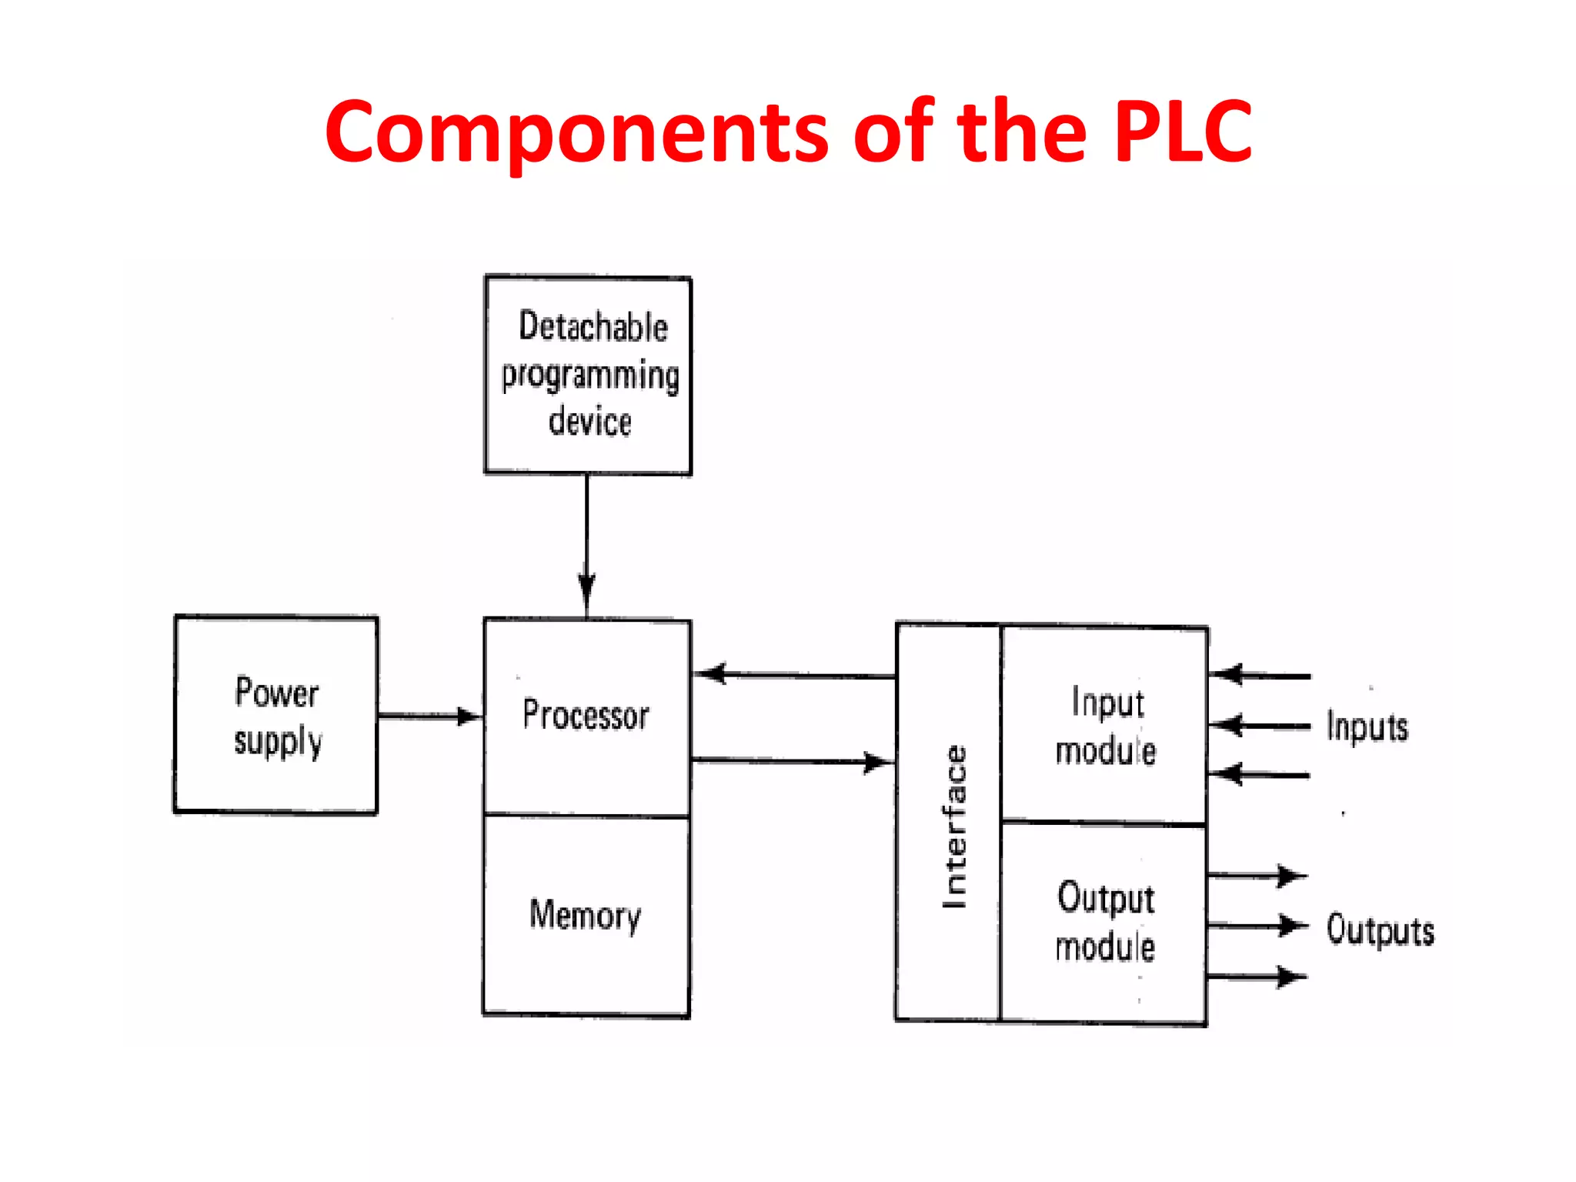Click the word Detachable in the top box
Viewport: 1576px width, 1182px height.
pos(593,326)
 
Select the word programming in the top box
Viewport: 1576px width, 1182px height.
pos(590,376)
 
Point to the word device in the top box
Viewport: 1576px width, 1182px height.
pos(589,422)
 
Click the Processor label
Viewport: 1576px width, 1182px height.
pos(586,715)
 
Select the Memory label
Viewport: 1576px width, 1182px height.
pos(585,915)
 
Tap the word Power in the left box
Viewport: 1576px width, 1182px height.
pos(276,693)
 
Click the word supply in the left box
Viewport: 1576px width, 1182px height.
pos(278,742)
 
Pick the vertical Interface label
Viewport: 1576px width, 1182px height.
pos(954,827)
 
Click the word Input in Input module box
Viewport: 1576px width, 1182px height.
pos(1107,703)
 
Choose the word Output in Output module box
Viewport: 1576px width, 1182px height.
pos(1106,898)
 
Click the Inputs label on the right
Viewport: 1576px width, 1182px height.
pos(1367,727)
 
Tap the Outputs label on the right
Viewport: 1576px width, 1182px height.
pos(1380,930)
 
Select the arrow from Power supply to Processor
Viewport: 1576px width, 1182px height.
pos(429,716)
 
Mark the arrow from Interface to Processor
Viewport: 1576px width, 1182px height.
pos(793,675)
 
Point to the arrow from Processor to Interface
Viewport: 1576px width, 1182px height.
pos(793,761)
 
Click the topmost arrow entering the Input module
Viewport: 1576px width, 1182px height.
pos(1259,676)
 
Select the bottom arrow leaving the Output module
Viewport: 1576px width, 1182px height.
pos(1257,977)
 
